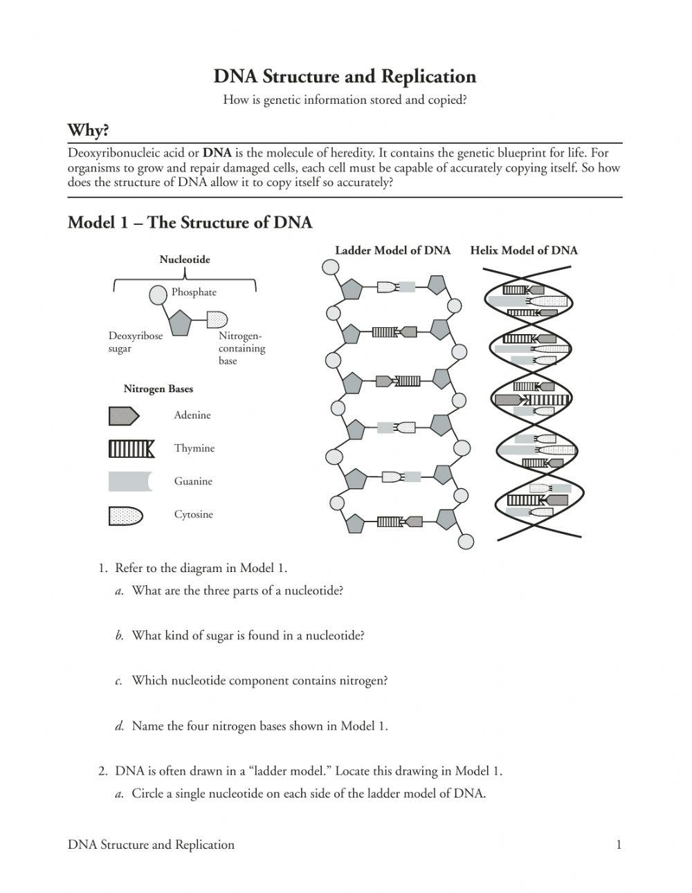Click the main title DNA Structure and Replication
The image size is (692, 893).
[x=345, y=76]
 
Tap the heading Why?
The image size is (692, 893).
[x=88, y=130]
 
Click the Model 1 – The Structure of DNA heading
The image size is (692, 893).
[x=190, y=223]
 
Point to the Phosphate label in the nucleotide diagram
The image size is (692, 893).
[x=194, y=292]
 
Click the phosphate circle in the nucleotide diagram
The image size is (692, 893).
[x=158, y=295]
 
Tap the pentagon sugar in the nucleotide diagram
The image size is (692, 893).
[x=180, y=322]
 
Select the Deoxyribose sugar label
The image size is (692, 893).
[x=135, y=342]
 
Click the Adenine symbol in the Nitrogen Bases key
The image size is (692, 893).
[x=124, y=416]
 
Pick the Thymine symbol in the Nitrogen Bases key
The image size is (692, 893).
[x=131, y=449]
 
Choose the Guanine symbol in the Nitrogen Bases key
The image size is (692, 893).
[x=129, y=481]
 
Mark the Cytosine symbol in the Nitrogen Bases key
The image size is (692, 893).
[x=125, y=515]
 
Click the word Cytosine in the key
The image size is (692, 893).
[x=193, y=515]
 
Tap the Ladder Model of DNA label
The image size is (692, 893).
[x=392, y=250]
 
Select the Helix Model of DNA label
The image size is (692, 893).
[x=523, y=250]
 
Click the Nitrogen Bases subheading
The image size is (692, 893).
[x=158, y=389]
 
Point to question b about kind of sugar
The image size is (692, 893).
[x=247, y=636]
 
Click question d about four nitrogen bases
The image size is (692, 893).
[x=259, y=726]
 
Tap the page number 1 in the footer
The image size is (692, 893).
[x=618, y=845]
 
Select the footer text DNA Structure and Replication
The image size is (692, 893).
[x=151, y=845]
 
